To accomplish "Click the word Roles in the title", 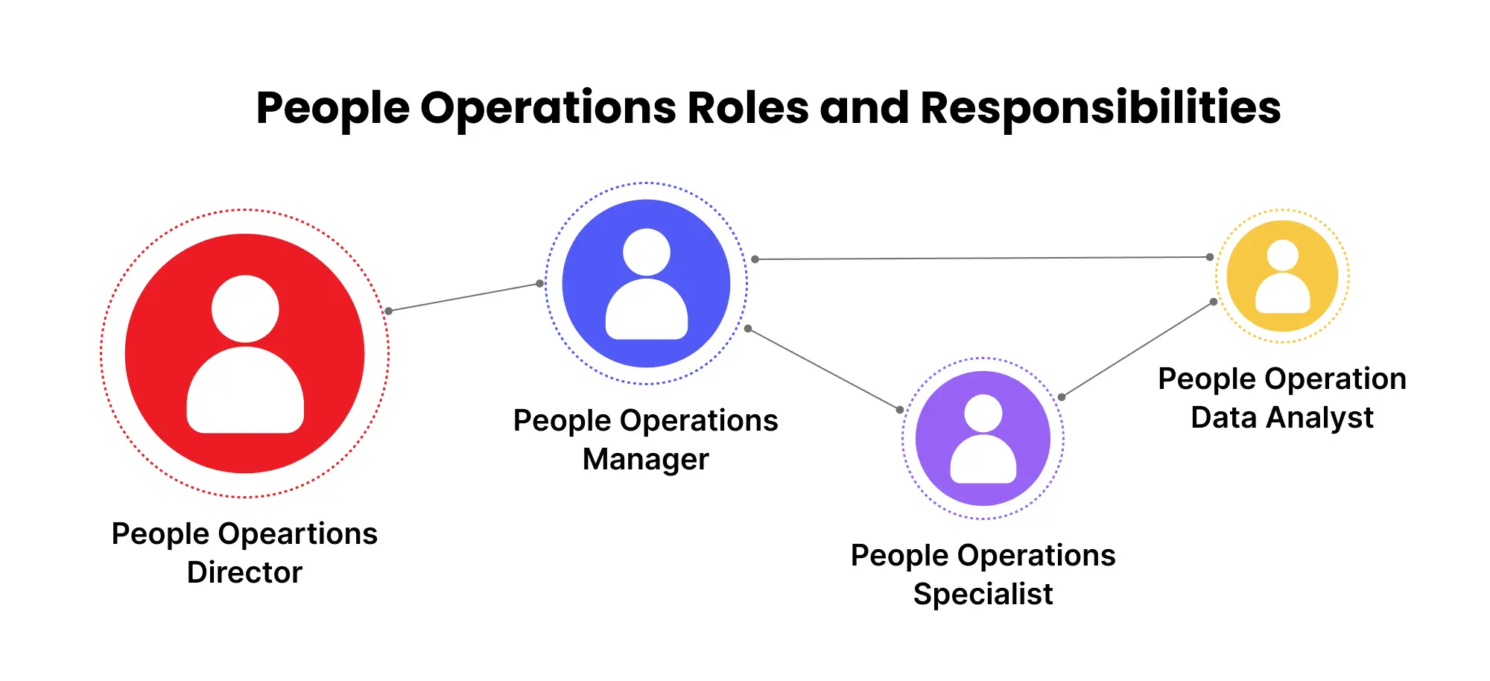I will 747,108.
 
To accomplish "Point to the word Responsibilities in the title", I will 1100,108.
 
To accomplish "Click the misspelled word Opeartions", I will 298,534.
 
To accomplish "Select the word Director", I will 244,573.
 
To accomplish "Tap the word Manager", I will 645,460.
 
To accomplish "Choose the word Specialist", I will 983,595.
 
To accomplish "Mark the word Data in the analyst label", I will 1223,418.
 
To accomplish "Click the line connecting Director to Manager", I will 463,297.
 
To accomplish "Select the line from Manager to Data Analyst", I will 982,259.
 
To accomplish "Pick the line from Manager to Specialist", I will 823,369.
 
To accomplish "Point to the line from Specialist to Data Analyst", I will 1138,349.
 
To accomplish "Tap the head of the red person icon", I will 245,309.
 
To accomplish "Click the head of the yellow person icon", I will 1282,256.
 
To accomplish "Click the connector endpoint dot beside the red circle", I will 388,311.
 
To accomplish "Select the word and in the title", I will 864,108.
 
